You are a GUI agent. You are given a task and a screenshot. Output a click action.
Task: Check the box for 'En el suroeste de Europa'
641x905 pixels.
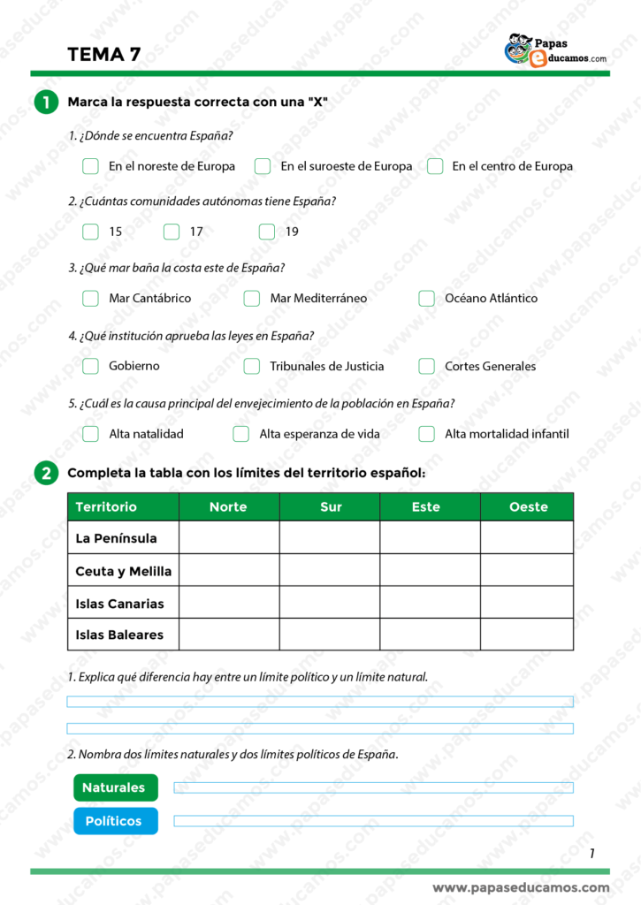click(263, 166)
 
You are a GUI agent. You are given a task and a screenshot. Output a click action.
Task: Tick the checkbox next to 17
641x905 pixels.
click(172, 232)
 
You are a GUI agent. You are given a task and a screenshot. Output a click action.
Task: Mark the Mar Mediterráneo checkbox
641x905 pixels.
click(252, 299)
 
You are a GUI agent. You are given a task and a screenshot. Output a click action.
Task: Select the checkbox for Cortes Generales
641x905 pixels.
click(427, 366)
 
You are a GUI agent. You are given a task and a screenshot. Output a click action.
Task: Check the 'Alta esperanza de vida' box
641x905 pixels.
click(240, 434)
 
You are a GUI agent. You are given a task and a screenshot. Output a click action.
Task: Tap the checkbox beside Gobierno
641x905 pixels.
click(90, 366)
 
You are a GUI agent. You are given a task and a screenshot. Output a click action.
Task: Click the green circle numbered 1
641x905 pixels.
click(46, 103)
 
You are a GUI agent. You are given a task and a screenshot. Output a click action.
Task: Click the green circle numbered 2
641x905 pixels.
click(46, 474)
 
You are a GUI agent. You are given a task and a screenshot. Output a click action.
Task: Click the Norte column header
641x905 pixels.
click(228, 507)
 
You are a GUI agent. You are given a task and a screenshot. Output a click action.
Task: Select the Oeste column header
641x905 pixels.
click(528, 507)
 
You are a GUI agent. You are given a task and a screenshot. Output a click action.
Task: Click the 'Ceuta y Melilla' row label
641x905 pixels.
click(124, 571)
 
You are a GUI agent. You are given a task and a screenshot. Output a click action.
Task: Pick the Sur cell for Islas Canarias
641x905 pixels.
click(329, 604)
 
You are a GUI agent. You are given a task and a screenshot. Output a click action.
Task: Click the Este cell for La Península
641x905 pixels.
click(430, 537)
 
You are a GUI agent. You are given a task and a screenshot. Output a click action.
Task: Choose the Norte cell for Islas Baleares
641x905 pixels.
click(228, 635)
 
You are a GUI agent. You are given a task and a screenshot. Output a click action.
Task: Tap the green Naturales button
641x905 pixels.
click(113, 787)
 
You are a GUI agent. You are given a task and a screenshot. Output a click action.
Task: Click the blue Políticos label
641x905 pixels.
click(113, 821)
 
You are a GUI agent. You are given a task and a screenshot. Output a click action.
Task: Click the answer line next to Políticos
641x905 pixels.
click(373, 821)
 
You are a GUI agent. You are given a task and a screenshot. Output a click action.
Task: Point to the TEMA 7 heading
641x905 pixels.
click(103, 54)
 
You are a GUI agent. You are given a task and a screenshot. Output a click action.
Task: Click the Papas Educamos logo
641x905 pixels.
click(555, 49)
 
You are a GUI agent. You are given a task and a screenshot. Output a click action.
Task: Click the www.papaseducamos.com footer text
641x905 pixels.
click(521, 887)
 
